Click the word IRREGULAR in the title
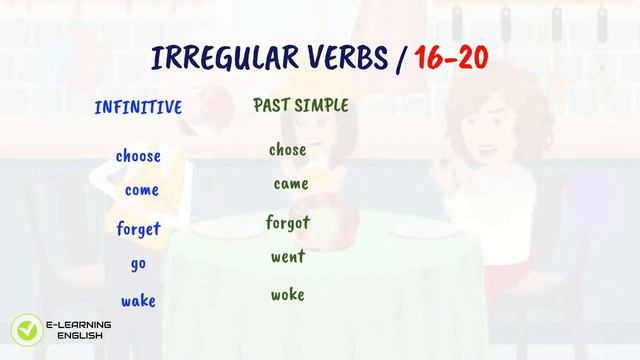(x=216, y=57)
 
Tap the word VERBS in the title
(x=338, y=57)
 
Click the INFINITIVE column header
(x=138, y=108)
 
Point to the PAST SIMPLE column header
(x=301, y=105)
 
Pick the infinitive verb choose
(x=138, y=156)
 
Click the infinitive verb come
(x=142, y=190)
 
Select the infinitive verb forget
(x=138, y=229)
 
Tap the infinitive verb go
(x=138, y=265)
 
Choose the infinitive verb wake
(x=138, y=301)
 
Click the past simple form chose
(x=288, y=151)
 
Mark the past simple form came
(x=291, y=185)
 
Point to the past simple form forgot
(x=288, y=222)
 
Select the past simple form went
(x=288, y=258)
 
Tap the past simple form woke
(x=288, y=295)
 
